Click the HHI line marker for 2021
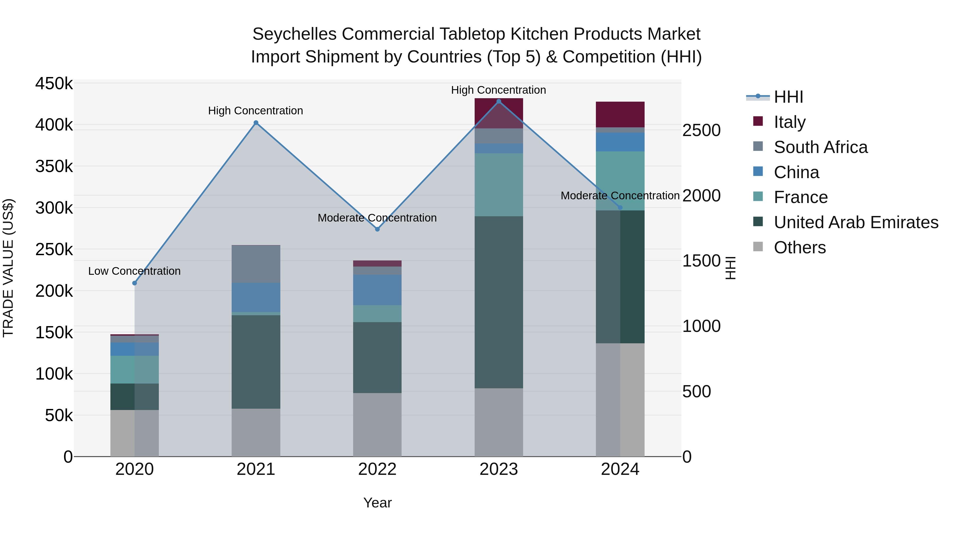pos(256,123)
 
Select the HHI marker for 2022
pos(377,229)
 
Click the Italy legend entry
pos(789,122)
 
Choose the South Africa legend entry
pos(821,147)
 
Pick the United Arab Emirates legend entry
pos(856,222)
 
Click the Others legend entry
pos(799,247)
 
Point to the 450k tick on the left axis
pos(54,84)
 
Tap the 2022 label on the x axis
pos(377,469)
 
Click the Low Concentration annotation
pos(134,271)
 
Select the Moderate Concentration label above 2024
pos(620,196)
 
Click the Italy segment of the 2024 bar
pos(620,114)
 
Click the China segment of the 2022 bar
pos(377,290)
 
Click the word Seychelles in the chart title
pos(294,34)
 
